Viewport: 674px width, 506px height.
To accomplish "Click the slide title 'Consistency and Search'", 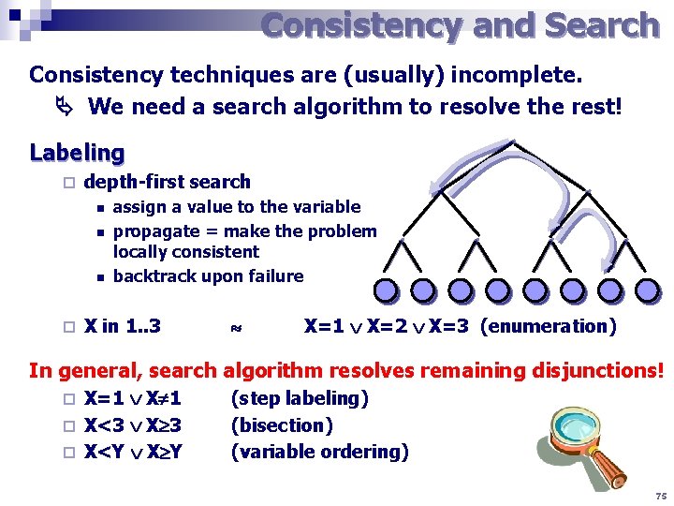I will (460, 25).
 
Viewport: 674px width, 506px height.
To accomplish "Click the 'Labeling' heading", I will (77, 152).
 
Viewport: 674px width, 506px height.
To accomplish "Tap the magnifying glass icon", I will (572, 447).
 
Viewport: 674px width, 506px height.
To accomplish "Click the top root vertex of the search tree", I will (516, 143).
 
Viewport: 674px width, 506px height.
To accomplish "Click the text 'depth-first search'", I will (168, 182).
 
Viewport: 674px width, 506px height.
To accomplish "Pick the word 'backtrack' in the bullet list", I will (152, 276).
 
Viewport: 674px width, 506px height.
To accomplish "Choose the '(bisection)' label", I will (282, 425).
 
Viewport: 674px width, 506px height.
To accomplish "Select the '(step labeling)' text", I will (300, 398).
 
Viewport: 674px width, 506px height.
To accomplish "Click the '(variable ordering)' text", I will (319, 452).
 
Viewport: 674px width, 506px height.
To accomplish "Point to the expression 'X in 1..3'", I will (123, 327).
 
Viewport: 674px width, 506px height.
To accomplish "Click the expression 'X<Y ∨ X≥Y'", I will (133, 452).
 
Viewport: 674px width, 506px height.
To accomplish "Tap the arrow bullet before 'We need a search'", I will (66, 107).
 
